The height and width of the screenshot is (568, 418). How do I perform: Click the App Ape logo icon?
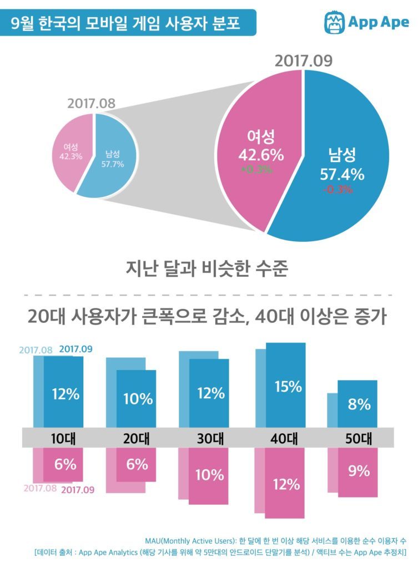point(334,22)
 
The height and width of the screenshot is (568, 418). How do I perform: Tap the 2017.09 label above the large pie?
point(304,60)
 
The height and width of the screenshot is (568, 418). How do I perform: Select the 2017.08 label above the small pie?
point(91,104)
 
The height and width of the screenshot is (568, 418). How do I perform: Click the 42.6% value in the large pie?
point(261,155)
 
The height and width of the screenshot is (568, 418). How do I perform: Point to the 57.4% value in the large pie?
point(342,175)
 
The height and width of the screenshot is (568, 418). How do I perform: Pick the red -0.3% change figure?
point(338,189)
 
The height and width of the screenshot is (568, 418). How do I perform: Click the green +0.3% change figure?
point(256,169)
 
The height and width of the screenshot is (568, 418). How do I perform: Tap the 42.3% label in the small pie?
point(70,156)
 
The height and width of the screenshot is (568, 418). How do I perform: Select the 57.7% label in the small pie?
point(112,164)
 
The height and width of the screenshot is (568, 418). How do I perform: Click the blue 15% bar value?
point(288,387)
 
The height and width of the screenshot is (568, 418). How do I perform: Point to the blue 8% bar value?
point(359,404)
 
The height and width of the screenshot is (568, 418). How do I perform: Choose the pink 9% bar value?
point(359,470)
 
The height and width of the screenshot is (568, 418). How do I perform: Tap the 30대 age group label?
point(210,438)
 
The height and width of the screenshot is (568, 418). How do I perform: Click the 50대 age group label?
point(358,438)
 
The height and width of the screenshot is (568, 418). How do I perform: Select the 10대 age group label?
point(63,438)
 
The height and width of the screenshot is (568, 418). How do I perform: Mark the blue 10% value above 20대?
point(138,399)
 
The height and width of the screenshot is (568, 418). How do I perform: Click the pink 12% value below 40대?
point(286,484)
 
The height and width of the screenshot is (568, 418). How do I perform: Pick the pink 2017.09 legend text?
point(78,490)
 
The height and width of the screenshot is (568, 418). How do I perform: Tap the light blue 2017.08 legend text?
point(36,350)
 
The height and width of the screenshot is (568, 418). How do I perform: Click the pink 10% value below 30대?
point(209,475)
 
